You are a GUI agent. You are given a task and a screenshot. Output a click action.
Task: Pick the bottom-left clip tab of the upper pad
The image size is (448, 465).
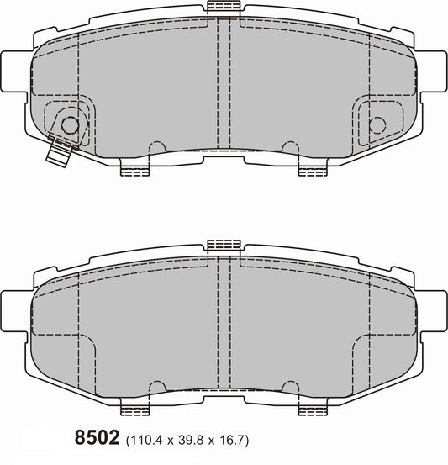[134, 171]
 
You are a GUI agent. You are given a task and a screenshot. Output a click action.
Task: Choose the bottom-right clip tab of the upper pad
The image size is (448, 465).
[311, 171]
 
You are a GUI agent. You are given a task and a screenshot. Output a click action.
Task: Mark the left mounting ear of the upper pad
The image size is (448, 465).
[15, 62]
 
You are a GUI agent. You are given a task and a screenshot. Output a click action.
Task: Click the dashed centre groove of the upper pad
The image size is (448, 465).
[224, 84]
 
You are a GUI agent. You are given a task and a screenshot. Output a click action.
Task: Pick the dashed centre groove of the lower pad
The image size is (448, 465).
[224, 324]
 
